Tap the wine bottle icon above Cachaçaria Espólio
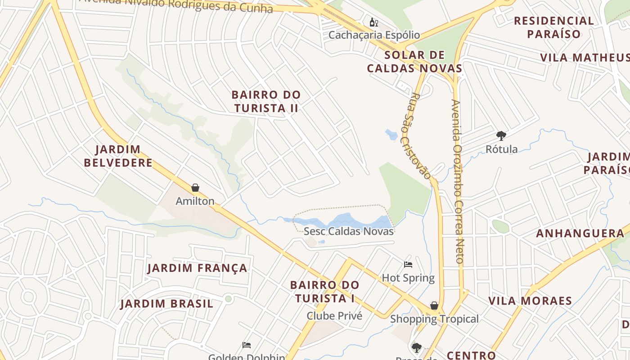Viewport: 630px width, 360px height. pyautogui.click(x=373, y=22)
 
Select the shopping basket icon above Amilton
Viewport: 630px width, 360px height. pyautogui.click(x=195, y=188)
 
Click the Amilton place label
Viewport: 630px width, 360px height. pyautogui.click(x=195, y=201)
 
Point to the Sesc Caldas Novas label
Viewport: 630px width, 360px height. pyautogui.click(x=349, y=231)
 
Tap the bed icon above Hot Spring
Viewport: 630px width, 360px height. pyautogui.click(x=408, y=265)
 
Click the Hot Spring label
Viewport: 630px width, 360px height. pyautogui.click(x=408, y=278)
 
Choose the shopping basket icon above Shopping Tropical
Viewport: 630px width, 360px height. pyautogui.click(x=434, y=306)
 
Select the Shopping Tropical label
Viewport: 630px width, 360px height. pyautogui.click(x=434, y=319)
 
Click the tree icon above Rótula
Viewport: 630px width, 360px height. pyautogui.click(x=501, y=136)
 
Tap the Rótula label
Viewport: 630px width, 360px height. pyautogui.click(x=501, y=149)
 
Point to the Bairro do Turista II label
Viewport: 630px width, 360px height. pyautogui.click(x=266, y=101)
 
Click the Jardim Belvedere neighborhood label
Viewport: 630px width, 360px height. pyautogui.click(x=118, y=156)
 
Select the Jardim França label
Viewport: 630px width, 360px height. pyautogui.click(x=197, y=268)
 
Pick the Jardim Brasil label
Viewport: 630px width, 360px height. pyautogui.click(x=166, y=304)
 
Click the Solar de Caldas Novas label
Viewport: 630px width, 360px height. pyautogui.click(x=414, y=62)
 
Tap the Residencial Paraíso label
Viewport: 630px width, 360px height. pyautogui.click(x=554, y=27)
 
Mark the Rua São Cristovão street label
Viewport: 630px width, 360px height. pyautogui.click(x=421, y=136)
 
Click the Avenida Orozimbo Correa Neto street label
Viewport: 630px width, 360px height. pyautogui.click(x=457, y=181)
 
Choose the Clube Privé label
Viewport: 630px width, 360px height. pyautogui.click(x=334, y=316)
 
